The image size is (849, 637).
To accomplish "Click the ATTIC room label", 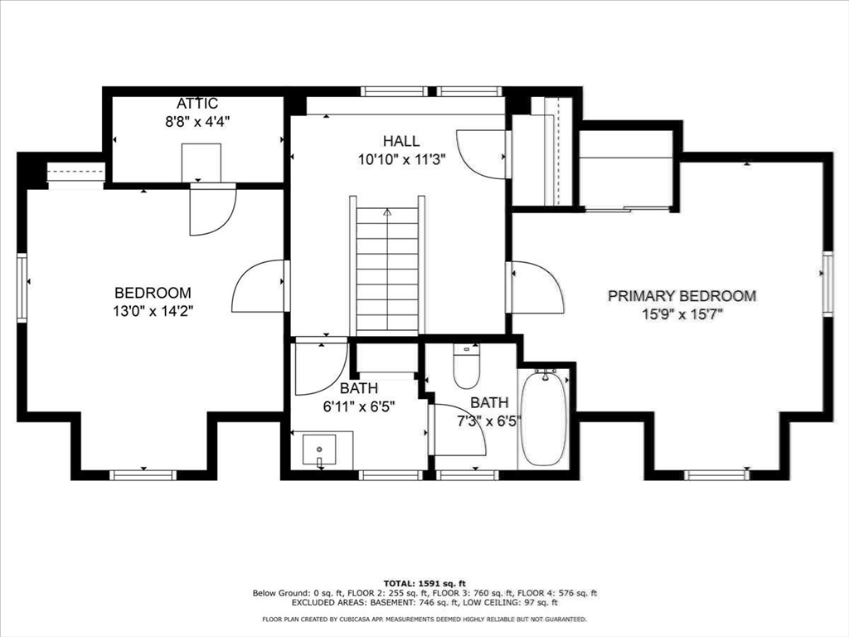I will coord(197,104).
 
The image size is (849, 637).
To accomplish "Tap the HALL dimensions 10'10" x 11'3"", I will coord(401,161).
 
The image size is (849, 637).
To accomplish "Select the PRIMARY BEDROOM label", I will coord(682,296).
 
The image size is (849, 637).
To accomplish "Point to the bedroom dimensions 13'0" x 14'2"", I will coord(153,310).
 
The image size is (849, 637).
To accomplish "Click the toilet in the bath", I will coord(467,367).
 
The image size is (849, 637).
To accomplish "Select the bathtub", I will coord(544,419).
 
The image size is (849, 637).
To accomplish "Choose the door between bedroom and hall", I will coord(259,287).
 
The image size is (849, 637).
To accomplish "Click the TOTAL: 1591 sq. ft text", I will coord(424,582).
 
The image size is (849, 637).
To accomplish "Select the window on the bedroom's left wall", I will coord(22,286).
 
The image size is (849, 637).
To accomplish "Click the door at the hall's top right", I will coord(482,153).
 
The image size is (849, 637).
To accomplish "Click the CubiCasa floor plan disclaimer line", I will coord(424,619).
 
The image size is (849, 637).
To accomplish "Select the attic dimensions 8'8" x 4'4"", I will coord(197,121).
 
